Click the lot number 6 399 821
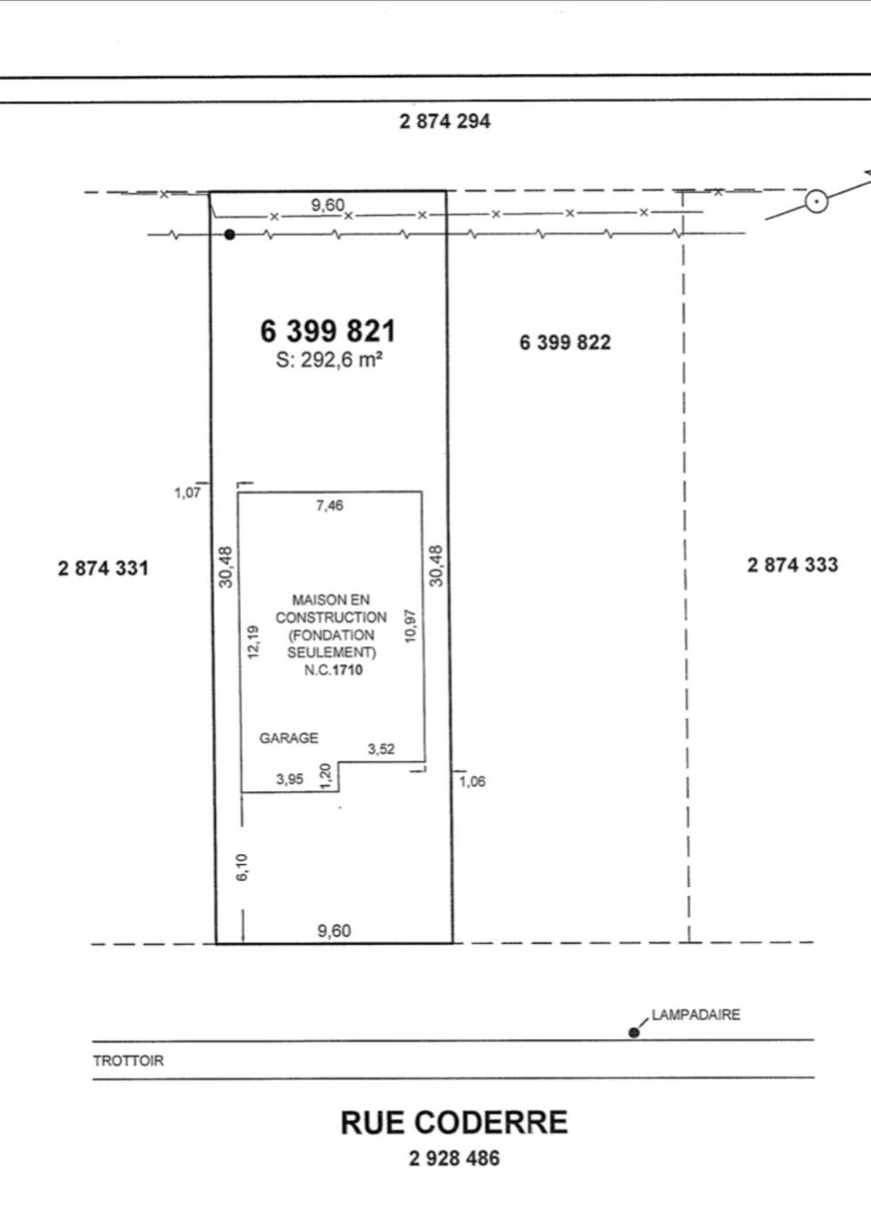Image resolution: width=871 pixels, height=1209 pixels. [x=328, y=331]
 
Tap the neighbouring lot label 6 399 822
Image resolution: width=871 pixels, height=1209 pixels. [x=565, y=342]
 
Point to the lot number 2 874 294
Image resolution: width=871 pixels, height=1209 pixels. [x=444, y=121]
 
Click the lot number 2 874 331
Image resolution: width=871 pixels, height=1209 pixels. [x=103, y=568]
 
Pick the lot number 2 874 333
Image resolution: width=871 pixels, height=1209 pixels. [x=792, y=564]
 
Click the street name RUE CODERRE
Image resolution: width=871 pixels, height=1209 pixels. [x=453, y=1123]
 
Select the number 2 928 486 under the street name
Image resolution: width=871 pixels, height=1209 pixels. [x=454, y=1158]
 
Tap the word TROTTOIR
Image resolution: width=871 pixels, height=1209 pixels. [x=129, y=1061]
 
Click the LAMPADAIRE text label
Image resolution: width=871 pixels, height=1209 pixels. [x=695, y=1014]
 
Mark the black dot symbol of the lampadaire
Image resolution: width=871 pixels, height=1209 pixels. [x=634, y=1032]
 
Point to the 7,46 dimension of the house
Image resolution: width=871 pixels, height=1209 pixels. [x=329, y=506]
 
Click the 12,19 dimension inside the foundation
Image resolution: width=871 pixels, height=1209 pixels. [x=253, y=642]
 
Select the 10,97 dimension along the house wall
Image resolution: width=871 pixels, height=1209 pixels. [x=411, y=626]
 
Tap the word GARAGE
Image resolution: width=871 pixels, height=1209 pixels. [x=288, y=738]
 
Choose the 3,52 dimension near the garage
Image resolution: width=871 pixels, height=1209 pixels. [x=381, y=749]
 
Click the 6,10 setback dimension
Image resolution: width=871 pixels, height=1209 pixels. [x=243, y=867]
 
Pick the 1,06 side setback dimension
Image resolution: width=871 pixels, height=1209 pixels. [x=473, y=782]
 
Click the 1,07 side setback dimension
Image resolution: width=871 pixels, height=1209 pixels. [x=188, y=492]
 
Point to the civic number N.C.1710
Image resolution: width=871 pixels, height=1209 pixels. [x=333, y=670]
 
